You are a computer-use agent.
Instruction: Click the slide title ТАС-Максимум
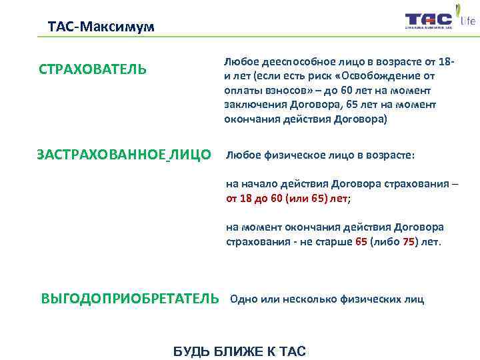(x=101, y=27)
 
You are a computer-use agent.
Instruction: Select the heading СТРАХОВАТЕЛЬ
(x=93, y=70)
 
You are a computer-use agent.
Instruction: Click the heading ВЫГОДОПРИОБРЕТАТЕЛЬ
(x=129, y=298)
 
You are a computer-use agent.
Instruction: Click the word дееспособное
(x=289, y=63)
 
